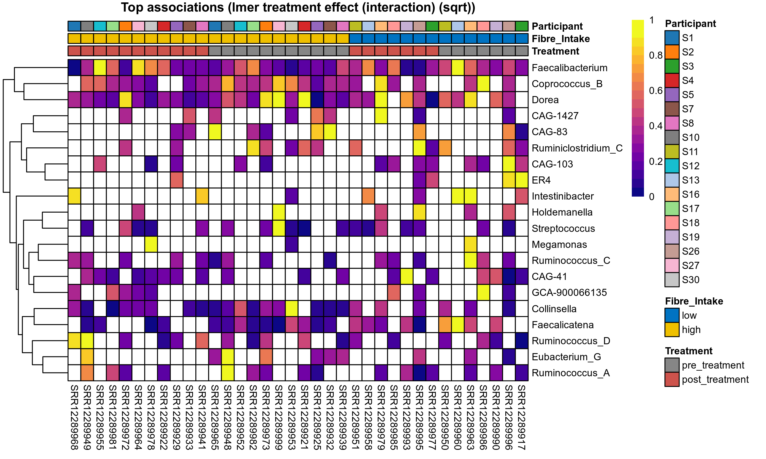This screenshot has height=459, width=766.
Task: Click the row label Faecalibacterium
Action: pos(569,68)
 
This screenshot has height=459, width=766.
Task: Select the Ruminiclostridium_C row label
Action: pos(577,148)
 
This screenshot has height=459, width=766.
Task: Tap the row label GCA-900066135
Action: pos(569,292)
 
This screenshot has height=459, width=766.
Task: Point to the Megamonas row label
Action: pos(559,244)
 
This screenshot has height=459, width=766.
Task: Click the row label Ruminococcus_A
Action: pos(571,373)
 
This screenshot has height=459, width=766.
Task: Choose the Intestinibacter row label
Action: pos(563,196)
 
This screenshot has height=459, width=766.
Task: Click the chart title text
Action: pos(298,7)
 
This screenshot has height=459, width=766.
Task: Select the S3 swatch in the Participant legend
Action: pos(672,66)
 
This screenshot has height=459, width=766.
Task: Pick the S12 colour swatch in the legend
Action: pos(672,166)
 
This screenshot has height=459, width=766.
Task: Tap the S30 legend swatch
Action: pos(672,280)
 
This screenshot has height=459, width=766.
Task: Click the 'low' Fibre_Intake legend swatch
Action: pos(672,315)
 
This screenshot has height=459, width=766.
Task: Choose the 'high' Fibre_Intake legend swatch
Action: pos(672,329)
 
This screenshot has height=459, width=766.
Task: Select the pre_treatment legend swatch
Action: pos(672,365)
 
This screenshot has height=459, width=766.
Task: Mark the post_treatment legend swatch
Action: pos(672,379)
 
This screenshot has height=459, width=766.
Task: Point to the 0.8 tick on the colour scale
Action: pos(656,55)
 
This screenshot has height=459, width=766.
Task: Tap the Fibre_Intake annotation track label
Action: pos(561,39)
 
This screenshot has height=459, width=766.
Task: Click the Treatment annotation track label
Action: pos(555,51)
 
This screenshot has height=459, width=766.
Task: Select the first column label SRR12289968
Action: pos(74,417)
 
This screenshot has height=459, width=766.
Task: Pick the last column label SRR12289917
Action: pos(522,417)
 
